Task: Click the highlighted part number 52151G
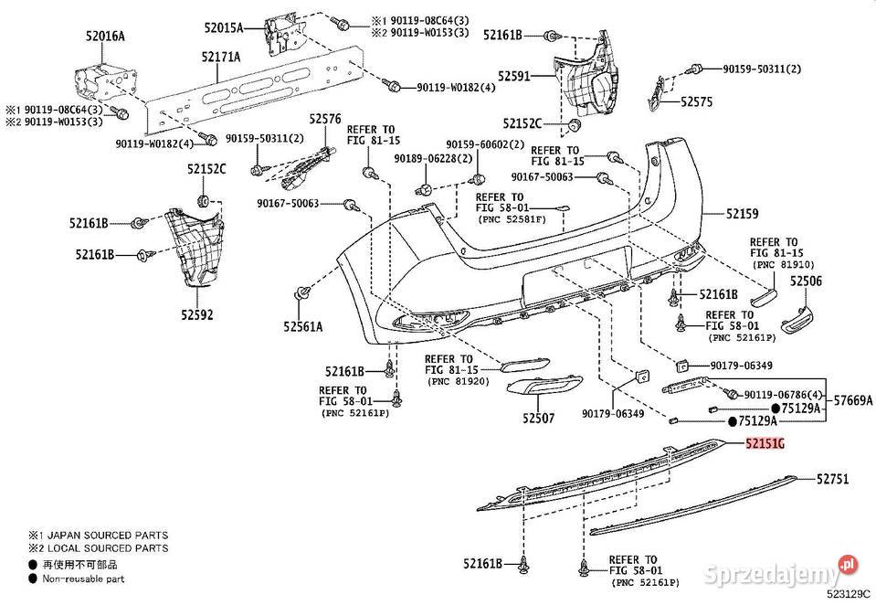coord(765,444)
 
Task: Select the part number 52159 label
coord(742,214)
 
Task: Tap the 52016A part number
coord(105,37)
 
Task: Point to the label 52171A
coord(221,57)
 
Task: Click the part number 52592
coord(196,315)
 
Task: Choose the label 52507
coord(539,418)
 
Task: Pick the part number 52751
coord(832,479)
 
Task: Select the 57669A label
coord(853,400)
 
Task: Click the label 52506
coord(806,281)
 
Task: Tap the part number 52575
coord(697,101)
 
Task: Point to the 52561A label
coord(302,326)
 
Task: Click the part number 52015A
coord(224,27)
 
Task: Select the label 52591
coord(514,76)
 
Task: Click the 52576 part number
coord(325,119)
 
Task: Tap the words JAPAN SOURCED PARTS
coord(107,536)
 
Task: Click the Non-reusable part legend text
coord(83,579)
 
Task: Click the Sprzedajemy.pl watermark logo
coord(780,571)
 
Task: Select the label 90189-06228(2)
coord(433,159)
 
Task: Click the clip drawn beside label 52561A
coord(302,293)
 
